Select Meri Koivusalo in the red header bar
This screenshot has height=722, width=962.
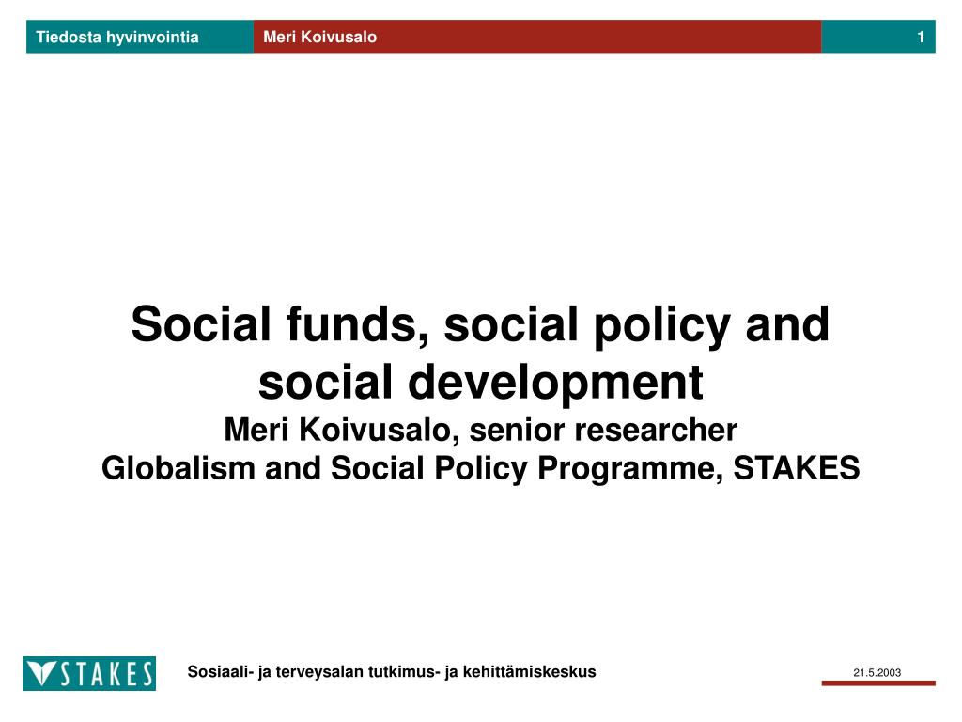click(x=319, y=38)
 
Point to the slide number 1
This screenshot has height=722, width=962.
click(x=922, y=38)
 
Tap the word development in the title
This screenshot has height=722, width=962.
click(x=557, y=383)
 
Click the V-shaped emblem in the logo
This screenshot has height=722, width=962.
click(x=42, y=674)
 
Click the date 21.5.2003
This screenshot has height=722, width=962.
click(x=877, y=672)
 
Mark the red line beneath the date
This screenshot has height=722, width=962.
click(x=877, y=683)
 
